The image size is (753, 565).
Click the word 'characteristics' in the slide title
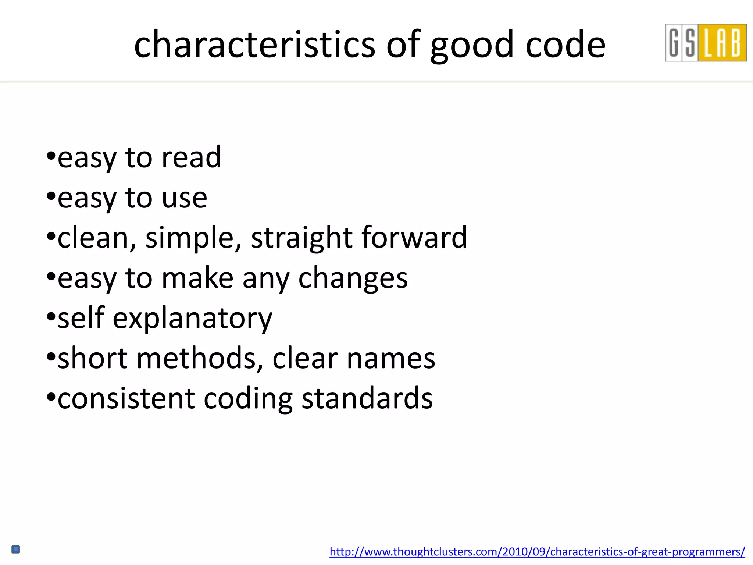tap(254, 45)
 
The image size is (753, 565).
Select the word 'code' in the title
tap(565, 45)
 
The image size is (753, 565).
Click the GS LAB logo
tap(705, 43)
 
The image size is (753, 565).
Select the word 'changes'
tap(353, 278)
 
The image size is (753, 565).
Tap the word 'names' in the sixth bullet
tap(391, 359)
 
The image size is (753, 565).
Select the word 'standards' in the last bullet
tap(367, 398)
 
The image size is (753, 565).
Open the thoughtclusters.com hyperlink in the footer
tap(537, 551)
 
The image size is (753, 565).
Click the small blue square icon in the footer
tap(16, 550)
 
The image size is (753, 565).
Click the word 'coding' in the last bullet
tap(248, 399)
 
